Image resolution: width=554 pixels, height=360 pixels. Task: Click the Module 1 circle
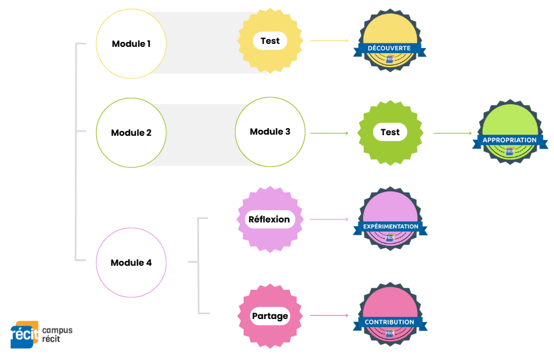(x=131, y=44)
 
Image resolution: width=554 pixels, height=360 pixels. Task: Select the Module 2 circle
(x=131, y=133)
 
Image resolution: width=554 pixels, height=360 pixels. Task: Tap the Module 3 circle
(x=270, y=132)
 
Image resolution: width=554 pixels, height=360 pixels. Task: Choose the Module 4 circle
(x=131, y=263)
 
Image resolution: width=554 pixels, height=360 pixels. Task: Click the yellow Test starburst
(x=270, y=41)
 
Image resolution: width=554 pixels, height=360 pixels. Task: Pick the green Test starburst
(x=390, y=132)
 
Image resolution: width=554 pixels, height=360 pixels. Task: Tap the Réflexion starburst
(x=269, y=220)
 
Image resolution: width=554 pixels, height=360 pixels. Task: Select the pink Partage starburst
(x=270, y=316)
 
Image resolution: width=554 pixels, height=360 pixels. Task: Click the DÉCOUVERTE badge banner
(x=389, y=48)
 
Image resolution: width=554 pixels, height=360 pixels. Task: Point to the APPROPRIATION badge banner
(x=509, y=140)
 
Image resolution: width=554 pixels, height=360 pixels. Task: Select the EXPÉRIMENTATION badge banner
(x=390, y=227)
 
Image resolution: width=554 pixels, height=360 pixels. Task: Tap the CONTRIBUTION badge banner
(x=389, y=322)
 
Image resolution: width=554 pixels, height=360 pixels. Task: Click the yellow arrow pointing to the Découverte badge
(x=329, y=41)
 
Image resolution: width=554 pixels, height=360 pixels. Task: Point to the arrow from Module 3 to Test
(x=329, y=133)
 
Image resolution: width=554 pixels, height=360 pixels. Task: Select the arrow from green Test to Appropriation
(x=452, y=133)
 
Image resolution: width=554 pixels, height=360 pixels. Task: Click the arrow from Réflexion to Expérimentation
(x=329, y=220)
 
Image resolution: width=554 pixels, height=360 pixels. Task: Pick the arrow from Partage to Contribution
(x=329, y=316)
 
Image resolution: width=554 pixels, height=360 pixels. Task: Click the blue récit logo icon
(x=24, y=335)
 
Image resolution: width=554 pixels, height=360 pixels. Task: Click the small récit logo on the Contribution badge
(x=390, y=333)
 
